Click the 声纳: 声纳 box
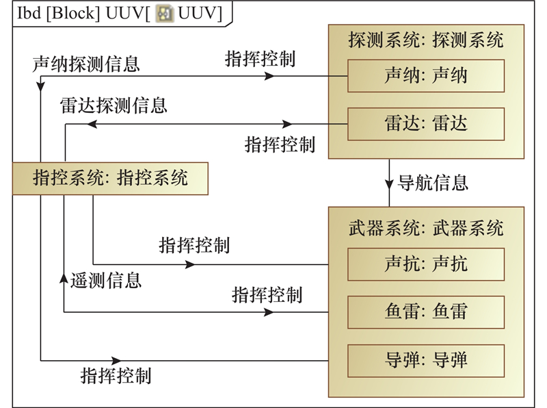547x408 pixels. [x=426, y=75]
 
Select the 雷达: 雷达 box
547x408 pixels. [x=426, y=125]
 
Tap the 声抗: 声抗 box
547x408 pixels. [x=426, y=264]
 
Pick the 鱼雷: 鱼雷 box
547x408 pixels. [x=426, y=312]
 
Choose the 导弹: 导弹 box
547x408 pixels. [x=426, y=360]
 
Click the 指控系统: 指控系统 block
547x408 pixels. [x=110, y=179]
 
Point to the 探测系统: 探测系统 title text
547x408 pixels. [x=426, y=40]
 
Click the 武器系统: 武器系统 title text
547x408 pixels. [x=426, y=227]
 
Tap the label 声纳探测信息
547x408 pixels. [x=86, y=64]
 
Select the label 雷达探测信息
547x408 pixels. [x=114, y=105]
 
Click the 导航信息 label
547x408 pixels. [x=433, y=183]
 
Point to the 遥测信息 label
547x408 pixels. [x=106, y=280]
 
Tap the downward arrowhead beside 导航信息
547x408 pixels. [x=390, y=183]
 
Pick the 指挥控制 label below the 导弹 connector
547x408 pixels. [x=116, y=376]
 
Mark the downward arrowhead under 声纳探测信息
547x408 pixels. [x=41, y=83]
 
